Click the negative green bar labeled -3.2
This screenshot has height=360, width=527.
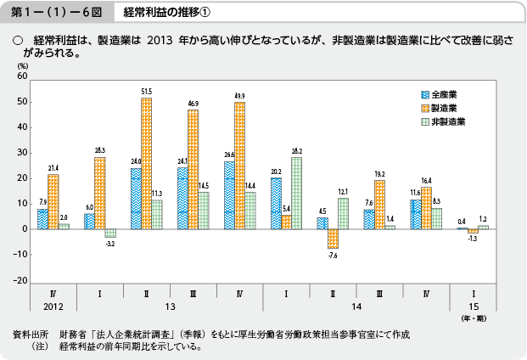(x=110, y=233)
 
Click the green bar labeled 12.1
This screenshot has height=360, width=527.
(x=343, y=213)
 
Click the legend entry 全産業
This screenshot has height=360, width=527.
(x=444, y=93)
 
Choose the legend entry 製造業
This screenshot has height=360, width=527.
(x=444, y=108)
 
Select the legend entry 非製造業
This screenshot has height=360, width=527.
(x=446, y=122)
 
